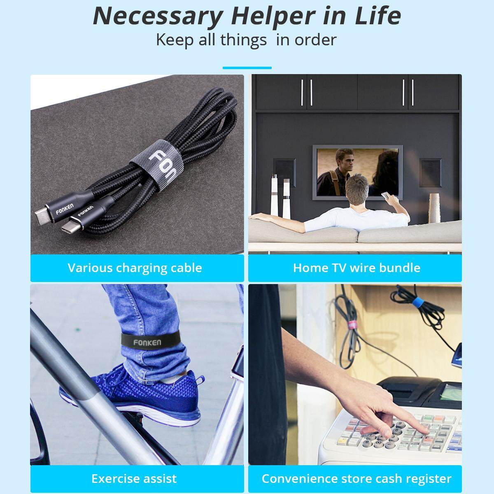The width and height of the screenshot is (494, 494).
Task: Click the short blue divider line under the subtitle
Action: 247,68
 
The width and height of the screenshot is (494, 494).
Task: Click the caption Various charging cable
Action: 135,268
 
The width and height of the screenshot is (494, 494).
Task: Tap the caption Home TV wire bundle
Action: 357,268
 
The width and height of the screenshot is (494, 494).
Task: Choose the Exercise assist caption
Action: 134,478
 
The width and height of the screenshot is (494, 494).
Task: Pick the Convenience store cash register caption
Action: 357,479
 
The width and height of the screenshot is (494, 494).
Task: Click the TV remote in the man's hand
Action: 386,195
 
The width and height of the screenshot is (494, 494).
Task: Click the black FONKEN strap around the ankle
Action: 151,341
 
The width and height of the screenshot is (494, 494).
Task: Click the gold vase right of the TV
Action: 435,208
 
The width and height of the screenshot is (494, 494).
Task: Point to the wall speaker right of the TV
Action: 431,173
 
